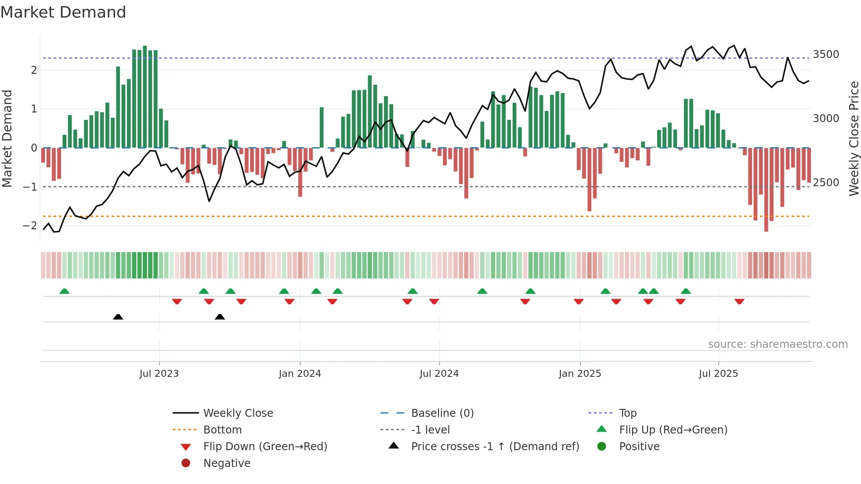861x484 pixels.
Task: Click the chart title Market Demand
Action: (63, 12)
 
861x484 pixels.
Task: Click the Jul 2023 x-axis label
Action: (159, 374)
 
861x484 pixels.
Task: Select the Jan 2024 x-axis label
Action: (300, 374)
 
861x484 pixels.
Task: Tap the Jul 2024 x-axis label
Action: (439, 374)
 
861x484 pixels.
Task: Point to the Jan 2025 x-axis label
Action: (580, 374)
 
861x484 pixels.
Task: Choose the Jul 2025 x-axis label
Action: (718, 374)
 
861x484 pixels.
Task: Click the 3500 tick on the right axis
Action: (826, 54)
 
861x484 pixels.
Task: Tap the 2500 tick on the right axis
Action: (826, 183)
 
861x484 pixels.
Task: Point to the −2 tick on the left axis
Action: (30, 226)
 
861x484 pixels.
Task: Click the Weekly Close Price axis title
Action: (854, 138)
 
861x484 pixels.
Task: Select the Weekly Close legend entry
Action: (238, 413)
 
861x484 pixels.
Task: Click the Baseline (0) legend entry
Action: (442, 413)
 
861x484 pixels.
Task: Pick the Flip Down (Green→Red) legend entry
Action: (265, 447)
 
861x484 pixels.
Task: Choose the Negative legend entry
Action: (227, 463)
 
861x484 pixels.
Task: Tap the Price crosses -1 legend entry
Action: (495, 447)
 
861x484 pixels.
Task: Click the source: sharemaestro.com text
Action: (778, 344)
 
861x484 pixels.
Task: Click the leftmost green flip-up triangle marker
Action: (65, 291)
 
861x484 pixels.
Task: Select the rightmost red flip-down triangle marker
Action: (739, 301)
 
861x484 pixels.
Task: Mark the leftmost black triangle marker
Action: (118, 317)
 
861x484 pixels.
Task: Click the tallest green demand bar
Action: (145, 97)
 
